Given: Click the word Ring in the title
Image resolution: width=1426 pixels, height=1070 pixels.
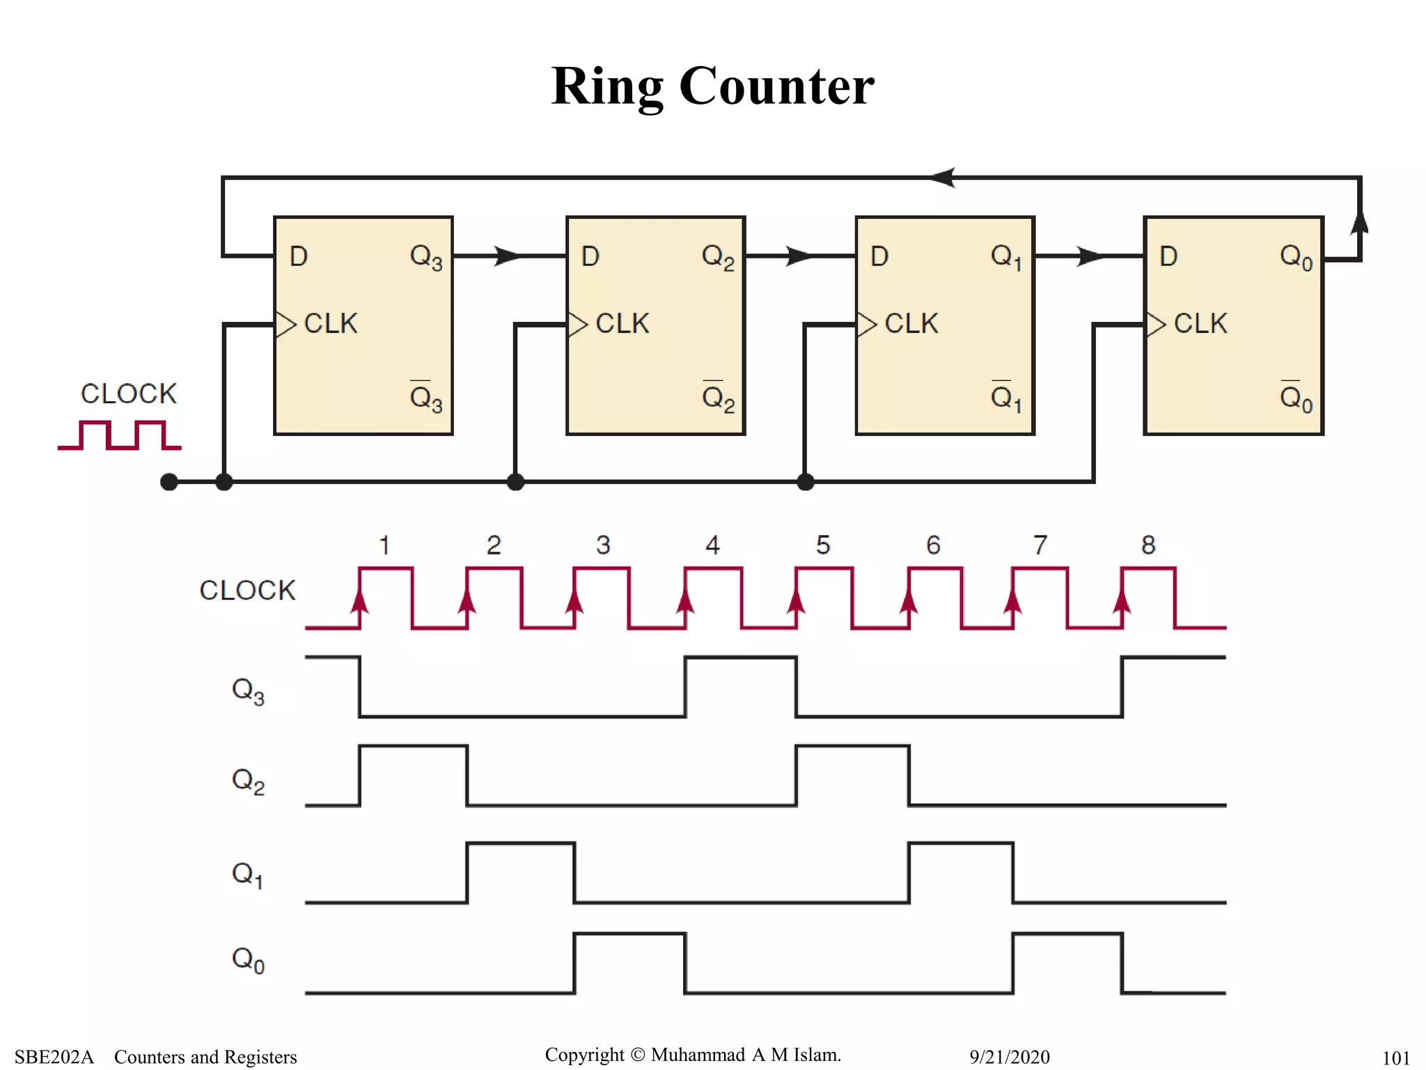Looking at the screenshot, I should pyautogui.click(x=607, y=87).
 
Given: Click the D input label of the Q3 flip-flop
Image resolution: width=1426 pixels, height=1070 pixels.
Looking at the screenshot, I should pyautogui.click(x=299, y=256).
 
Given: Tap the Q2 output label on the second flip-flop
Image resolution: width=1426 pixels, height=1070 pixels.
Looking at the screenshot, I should pyautogui.click(x=718, y=258).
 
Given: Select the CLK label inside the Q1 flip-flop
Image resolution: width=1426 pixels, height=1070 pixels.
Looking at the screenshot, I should pyautogui.click(x=911, y=324).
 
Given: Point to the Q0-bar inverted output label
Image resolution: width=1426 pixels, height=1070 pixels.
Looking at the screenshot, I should pyautogui.click(x=1296, y=398).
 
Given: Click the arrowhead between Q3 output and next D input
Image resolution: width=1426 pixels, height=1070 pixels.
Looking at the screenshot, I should pyautogui.click(x=508, y=256).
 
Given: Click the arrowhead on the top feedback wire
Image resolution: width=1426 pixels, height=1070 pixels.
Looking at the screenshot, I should pyautogui.click(x=943, y=178).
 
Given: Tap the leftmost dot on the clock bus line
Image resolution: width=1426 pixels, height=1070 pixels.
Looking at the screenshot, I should pyautogui.click(x=169, y=481).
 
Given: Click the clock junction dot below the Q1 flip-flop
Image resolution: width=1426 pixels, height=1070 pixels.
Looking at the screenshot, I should pyautogui.click(x=806, y=481).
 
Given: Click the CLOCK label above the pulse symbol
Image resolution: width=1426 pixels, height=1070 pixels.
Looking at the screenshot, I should pyautogui.click(x=129, y=394).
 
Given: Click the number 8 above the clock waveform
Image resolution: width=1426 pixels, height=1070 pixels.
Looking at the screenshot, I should pyautogui.click(x=1148, y=545).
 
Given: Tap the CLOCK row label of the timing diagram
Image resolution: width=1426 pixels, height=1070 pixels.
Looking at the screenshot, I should pyautogui.click(x=247, y=590).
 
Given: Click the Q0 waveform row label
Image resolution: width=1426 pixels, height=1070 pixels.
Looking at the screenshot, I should pyautogui.click(x=248, y=960).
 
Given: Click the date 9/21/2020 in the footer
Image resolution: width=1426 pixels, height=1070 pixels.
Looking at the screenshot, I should pyautogui.click(x=1009, y=1057).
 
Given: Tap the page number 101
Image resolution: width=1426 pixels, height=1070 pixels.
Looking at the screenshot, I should pyautogui.click(x=1395, y=1058).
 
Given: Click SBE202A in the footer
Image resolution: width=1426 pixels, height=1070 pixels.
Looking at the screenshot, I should pyautogui.click(x=54, y=1057).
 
